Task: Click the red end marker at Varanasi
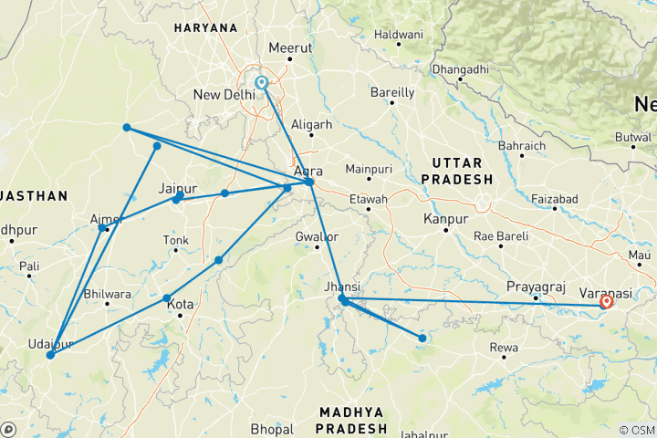(606, 300)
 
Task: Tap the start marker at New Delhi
(262, 82)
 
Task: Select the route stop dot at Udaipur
(50, 354)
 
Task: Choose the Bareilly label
(392, 92)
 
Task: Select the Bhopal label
(272, 429)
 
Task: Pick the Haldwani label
(399, 35)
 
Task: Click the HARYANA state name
(205, 28)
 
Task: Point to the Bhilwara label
(107, 293)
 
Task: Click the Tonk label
(175, 240)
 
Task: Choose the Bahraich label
(522, 146)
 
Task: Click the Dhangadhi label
(460, 69)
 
